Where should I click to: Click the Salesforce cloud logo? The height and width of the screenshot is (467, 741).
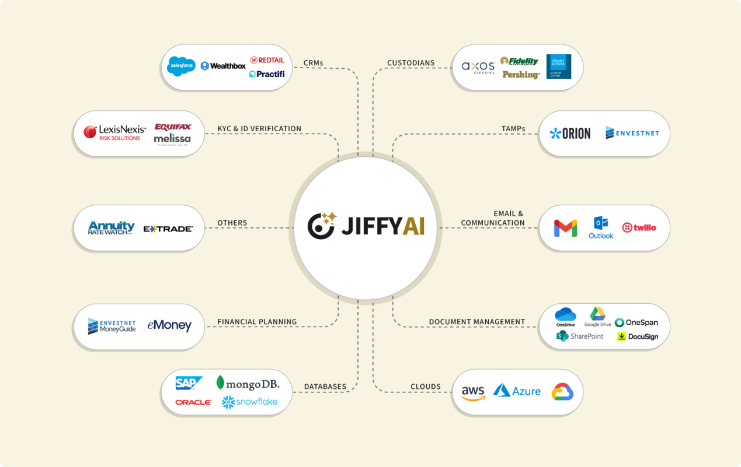tap(181, 66)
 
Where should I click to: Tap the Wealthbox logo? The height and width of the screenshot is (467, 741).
tap(223, 66)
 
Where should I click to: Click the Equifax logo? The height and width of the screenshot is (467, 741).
tap(172, 127)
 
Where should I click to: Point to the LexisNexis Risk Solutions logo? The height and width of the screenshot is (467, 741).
tap(114, 132)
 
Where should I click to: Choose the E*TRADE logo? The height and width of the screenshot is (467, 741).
tap(168, 229)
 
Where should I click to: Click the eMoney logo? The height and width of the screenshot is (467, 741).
tap(169, 325)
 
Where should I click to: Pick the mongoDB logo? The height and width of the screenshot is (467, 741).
tap(248, 383)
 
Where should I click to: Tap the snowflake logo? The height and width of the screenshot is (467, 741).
tap(249, 402)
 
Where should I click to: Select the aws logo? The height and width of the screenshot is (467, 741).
tap(473, 392)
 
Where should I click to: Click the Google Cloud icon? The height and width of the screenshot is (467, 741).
tap(562, 392)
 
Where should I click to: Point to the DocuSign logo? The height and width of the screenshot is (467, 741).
tap(638, 336)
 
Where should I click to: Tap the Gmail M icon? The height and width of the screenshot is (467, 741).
tap(565, 228)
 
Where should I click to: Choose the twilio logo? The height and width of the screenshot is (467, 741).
tap(639, 227)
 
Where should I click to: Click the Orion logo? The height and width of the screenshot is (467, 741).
tap(570, 134)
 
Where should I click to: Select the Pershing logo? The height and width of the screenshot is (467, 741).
tap(521, 75)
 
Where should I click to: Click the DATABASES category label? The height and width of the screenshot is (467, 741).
tap(325, 387)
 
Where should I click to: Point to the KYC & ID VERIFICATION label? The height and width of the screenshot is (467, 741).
tap(259, 129)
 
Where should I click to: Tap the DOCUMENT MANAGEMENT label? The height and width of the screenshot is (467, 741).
tap(477, 322)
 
